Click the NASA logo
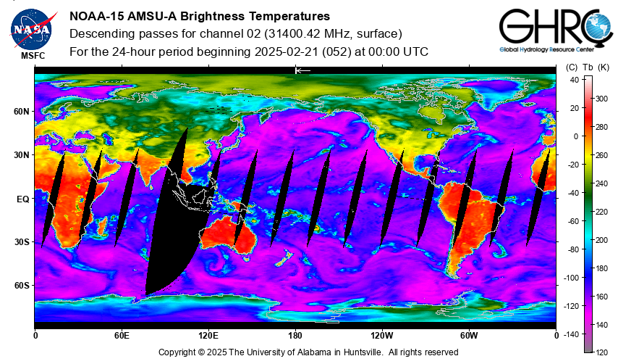pos(33,29)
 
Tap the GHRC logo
pos(556,30)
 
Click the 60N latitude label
pos(21,112)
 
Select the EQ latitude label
pos(23,199)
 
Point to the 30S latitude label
pos(22,242)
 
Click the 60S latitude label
pos(22,286)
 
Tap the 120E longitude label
pos(208,336)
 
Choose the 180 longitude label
pos(295,336)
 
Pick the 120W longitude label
pos(382,336)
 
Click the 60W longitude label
pos(469,336)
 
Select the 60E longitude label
pos(122,336)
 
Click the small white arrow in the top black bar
pos(303,70)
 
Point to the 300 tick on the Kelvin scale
pos(601,99)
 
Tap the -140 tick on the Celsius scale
pos(571,334)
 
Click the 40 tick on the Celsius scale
pos(575,80)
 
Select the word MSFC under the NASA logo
pos(33,56)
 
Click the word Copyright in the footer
pos(177,352)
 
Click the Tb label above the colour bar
pos(588,67)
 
